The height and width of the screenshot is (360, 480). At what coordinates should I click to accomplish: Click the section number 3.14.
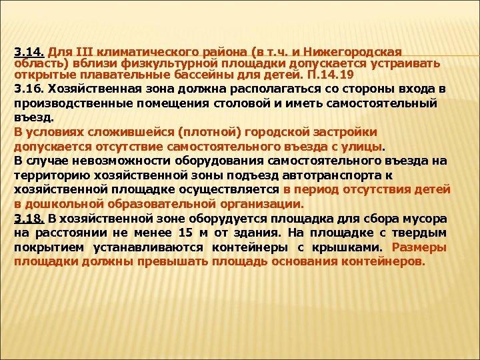click(29, 51)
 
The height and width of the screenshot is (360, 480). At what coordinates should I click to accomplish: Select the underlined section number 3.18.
click(29, 219)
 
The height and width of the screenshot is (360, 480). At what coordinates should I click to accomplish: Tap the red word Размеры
click(420, 247)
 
